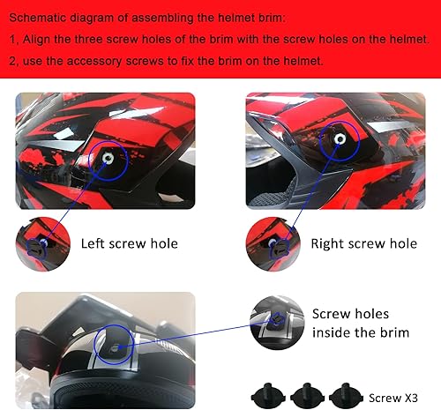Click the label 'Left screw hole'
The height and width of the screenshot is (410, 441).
129,243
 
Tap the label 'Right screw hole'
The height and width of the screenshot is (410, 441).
364,243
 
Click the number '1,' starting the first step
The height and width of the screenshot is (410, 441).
14,40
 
